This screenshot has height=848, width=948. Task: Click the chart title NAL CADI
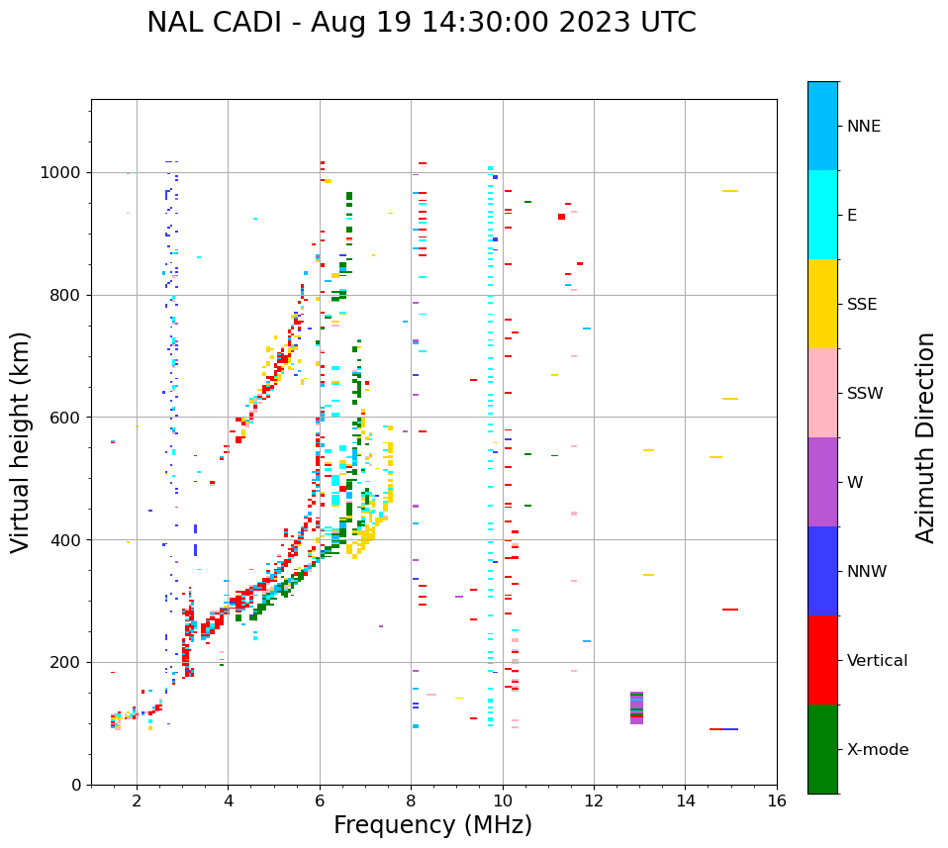[x=421, y=23]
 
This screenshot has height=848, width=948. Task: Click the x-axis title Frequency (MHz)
[x=432, y=825]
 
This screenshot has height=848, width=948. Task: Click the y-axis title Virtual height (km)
[x=21, y=441]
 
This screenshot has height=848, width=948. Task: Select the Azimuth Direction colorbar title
[x=925, y=437]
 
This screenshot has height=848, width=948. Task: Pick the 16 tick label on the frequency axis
[x=777, y=801]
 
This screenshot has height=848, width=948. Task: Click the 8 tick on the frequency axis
[x=411, y=801]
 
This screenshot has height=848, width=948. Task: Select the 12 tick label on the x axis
[x=594, y=801]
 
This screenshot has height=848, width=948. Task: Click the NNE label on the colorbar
[x=863, y=127]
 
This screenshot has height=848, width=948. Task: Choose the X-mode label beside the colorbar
[x=877, y=750]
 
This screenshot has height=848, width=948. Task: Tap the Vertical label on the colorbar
[x=877, y=661]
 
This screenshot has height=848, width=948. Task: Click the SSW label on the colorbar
[x=865, y=394]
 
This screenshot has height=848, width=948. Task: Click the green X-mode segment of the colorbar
[x=822, y=749]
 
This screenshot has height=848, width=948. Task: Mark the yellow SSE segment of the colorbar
[x=822, y=304]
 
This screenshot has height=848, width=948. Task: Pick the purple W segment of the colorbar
[x=822, y=482]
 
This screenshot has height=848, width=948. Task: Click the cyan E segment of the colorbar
[x=822, y=215]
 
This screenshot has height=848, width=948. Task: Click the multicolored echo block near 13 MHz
[x=636, y=707]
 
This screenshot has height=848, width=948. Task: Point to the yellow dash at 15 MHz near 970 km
[x=730, y=191]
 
